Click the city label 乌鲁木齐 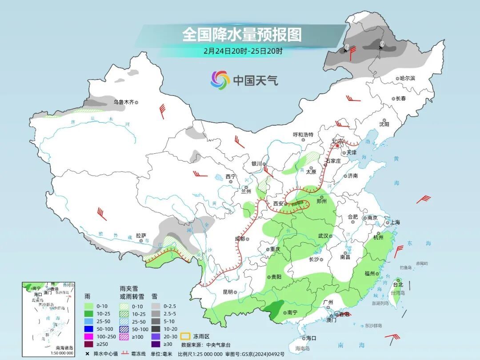123,102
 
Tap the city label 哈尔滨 407,78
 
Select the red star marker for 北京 338,146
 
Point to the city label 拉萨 141,235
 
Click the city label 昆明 228,292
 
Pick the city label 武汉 323,236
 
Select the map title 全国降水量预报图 242,34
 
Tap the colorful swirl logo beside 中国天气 220,80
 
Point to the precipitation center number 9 381,44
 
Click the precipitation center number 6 347,47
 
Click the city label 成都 240,239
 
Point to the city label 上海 394,222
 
